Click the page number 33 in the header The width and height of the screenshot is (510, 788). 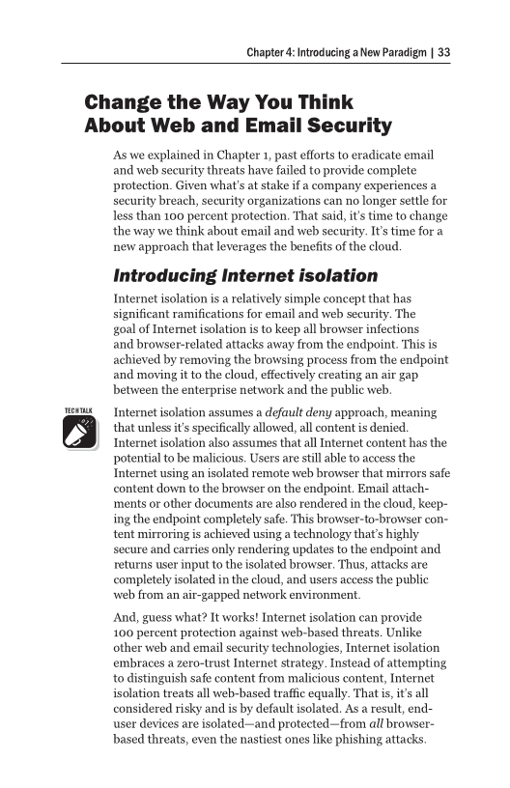(444, 52)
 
